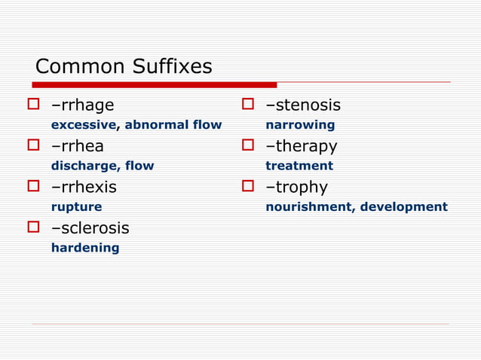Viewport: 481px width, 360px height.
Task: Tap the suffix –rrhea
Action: pos(78,146)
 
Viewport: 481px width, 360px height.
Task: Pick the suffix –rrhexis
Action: pos(84,187)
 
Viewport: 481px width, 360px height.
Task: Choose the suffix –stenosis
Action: pos(303,105)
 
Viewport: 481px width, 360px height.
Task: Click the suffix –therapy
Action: pos(302,146)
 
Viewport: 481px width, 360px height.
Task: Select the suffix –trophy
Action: pos(296,187)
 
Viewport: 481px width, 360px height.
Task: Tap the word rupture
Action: pos(76,206)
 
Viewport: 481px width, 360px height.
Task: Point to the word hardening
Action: pos(85,248)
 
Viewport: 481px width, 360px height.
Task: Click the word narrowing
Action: pos(300,125)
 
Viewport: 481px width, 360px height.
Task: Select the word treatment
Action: pos(299,166)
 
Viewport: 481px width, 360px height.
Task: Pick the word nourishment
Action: pos(307,206)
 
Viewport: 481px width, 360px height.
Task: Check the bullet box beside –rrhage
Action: pos(33,105)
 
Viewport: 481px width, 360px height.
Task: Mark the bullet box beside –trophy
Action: pos(248,187)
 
